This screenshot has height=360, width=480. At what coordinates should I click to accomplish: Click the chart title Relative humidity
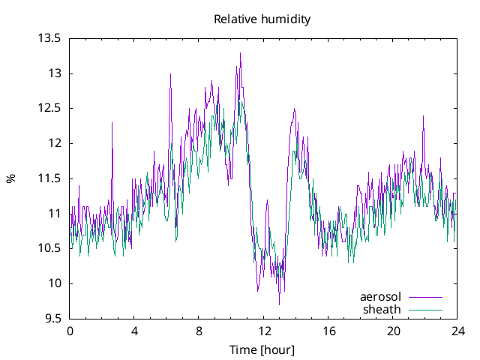tap(262, 19)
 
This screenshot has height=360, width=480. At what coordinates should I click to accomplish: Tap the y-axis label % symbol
tap(10, 178)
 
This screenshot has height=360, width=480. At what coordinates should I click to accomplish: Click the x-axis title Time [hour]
tap(262, 349)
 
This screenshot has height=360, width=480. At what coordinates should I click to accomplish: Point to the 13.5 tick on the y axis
tap(49, 38)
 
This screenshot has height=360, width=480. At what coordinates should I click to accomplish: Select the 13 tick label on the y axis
tap(54, 73)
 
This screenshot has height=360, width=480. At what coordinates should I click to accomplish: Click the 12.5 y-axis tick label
tap(49, 108)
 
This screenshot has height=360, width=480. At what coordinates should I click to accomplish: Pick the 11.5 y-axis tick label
tap(49, 178)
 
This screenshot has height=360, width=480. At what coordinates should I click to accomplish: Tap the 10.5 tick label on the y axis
tap(49, 248)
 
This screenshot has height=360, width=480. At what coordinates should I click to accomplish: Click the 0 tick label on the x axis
tap(70, 331)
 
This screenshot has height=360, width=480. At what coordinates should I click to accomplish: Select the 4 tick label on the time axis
tap(134, 331)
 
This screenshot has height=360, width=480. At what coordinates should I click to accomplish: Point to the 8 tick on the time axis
tap(199, 331)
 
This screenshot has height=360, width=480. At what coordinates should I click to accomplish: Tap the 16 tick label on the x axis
tap(328, 331)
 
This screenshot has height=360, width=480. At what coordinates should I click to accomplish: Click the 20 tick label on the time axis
tap(393, 331)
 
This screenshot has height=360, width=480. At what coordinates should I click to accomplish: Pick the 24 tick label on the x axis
tap(457, 331)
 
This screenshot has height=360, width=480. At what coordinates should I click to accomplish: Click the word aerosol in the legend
tap(381, 297)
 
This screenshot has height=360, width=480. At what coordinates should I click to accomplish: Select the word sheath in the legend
tap(382, 309)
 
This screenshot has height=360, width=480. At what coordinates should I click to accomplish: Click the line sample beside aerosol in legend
tap(425, 297)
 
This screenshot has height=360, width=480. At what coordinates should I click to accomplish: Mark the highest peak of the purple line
tap(240, 52)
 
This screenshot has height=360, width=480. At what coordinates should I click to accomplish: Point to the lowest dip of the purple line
tap(279, 304)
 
